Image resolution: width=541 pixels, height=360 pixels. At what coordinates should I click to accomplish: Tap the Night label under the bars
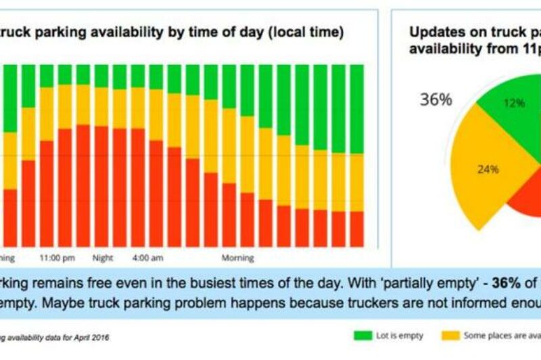(103, 258)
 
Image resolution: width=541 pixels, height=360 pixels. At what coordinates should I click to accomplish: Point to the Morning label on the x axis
(238, 258)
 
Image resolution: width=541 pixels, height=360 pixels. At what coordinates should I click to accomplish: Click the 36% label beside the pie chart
(436, 99)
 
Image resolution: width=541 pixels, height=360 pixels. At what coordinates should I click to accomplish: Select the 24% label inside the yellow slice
(488, 169)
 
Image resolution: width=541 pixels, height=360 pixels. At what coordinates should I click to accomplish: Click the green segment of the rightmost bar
(356, 108)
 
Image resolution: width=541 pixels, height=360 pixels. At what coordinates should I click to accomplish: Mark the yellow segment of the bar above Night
(101, 106)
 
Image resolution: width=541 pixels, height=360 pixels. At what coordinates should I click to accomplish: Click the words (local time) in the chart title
(308, 32)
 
